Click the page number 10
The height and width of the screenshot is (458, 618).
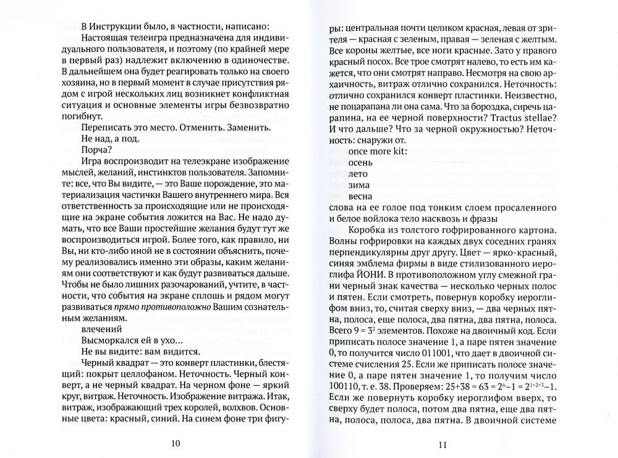pyautogui.click(x=175, y=443)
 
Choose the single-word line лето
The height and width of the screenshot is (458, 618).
pyautogui.click(x=359, y=177)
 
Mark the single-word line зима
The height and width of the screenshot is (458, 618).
pyautogui.click(x=360, y=190)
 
